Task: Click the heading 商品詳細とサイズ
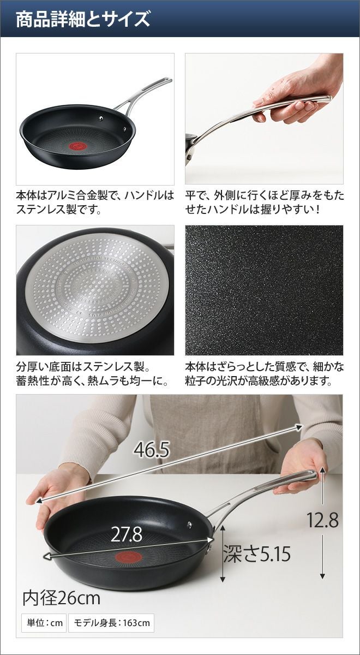[83, 20]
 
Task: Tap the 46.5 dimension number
[152, 449]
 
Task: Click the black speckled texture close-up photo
[264, 290]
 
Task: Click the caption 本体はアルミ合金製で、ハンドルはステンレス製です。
[95, 203]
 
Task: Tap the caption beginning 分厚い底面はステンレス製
[93, 374]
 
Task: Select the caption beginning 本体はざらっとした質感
[265, 374]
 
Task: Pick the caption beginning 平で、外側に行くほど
[265, 203]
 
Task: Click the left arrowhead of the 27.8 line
[47, 557]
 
